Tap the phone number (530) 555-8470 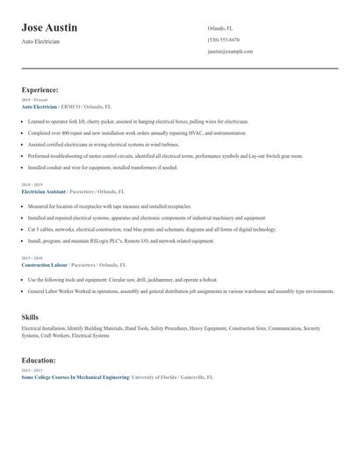223,39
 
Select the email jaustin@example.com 230,51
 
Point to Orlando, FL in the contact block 220,28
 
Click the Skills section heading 31,315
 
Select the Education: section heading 39,360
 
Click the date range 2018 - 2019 32,185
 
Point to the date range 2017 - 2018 32,258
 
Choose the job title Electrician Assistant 44,190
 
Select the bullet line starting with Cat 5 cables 151,229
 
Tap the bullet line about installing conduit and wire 102,167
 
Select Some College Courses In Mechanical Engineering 75,376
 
